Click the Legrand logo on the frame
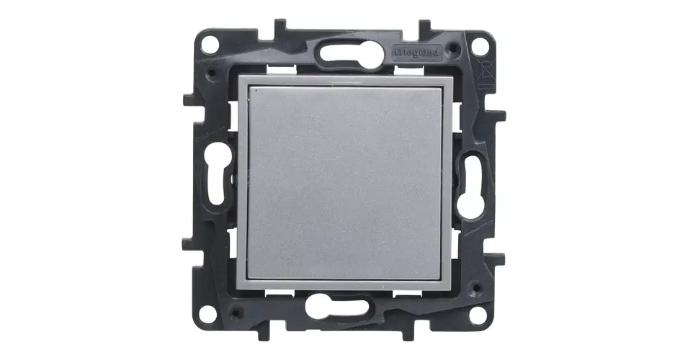[x=417, y=53]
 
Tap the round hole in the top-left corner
[x=210, y=45]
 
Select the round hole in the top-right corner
[x=480, y=46]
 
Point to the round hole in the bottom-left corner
[x=207, y=314]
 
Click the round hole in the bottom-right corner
[x=478, y=315]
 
